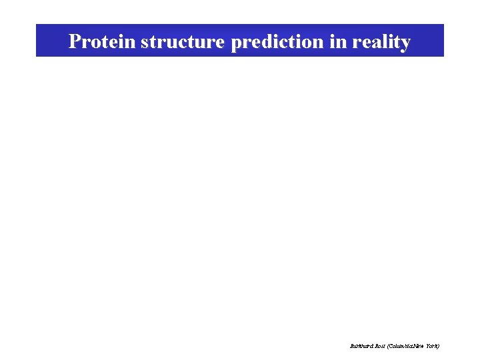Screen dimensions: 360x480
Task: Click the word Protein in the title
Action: pos(102,42)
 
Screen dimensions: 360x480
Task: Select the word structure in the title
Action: pos(183,42)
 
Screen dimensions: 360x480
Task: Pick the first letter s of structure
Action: pos(145,43)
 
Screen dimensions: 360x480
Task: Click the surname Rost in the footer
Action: pos(380,346)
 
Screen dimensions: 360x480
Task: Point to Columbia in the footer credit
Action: pos(401,346)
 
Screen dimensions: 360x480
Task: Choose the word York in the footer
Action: pos(433,346)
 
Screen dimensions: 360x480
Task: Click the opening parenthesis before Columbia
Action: pos(389,346)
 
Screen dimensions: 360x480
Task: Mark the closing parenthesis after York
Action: pos(439,346)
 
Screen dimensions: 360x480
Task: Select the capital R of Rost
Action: pos(375,346)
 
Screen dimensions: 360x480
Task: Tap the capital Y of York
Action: pos(429,346)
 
